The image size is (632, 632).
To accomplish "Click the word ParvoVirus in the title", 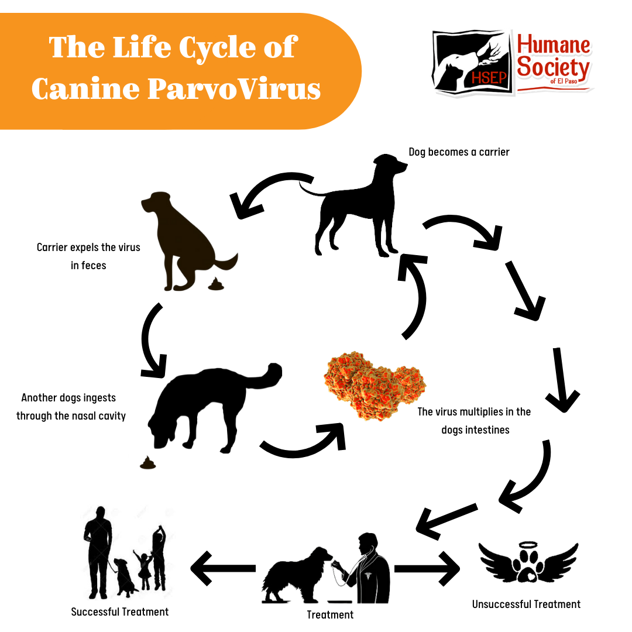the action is pos(234,89).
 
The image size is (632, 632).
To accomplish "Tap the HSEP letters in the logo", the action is pos(489,77).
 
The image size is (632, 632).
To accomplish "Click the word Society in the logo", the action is pos(553,67).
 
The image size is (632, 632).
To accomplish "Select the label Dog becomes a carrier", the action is pos(459,152).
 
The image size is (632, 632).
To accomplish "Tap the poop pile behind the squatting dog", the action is pos(216,284).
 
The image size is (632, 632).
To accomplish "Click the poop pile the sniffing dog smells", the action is pos(147,463).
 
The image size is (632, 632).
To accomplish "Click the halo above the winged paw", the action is pos(528,545).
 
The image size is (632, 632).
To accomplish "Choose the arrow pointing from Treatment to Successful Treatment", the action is pos(223,568).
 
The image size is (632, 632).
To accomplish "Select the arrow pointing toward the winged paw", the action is pos(427,568).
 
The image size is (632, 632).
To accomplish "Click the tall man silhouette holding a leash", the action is pos(98,552).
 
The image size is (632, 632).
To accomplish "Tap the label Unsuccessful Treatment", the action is pos(526,604).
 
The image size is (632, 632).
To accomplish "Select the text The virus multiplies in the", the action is pos(474,411).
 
